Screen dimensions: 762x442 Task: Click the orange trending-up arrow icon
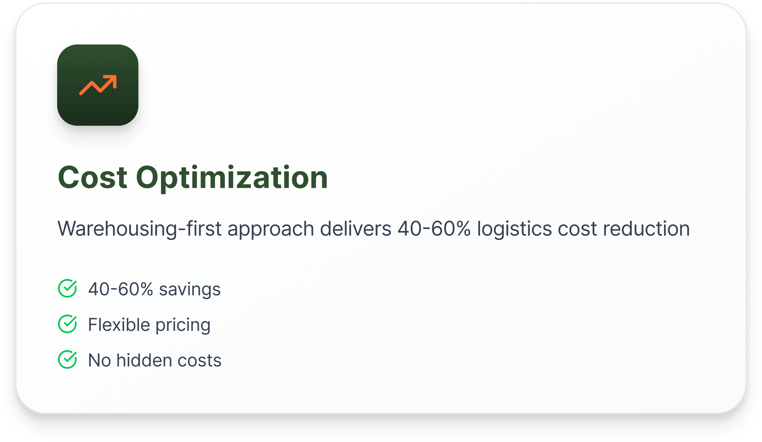point(98,85)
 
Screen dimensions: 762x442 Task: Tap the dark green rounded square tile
point(98,85)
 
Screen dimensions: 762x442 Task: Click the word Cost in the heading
point(92,177)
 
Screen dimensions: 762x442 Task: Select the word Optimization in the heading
point(232,178)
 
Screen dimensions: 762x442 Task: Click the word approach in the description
point(271,229)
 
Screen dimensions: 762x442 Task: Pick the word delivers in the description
point(356,229)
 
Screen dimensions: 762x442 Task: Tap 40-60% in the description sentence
point(434,229)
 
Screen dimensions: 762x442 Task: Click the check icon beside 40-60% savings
point(68,288)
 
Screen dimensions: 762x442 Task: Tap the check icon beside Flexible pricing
point(68,324)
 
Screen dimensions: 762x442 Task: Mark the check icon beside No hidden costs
point(68,360)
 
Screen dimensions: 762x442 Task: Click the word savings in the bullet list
point(190,290)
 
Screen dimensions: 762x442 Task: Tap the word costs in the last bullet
point(200,361)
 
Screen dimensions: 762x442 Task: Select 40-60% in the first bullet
point(121,289)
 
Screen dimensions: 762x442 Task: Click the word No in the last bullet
point(99,360)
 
